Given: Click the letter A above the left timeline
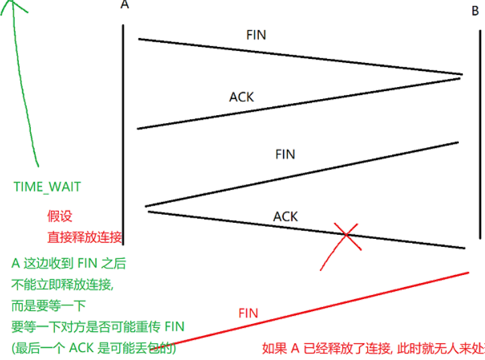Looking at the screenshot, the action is tap(124, 5).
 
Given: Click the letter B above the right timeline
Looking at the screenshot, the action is tap(475, 11).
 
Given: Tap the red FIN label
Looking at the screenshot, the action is tap(248, 312).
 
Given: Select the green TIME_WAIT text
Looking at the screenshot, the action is tap(47, 187).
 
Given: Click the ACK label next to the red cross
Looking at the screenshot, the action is tap(286, 217).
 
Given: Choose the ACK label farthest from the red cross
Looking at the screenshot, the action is tap(241, 97).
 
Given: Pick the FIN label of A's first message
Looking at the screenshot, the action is tap(256, 35).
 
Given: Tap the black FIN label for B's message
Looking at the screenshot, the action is tap(285, 154).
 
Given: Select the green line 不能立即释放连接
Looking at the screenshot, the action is tap(63, 284).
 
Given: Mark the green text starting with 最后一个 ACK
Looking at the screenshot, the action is tap(94, 349).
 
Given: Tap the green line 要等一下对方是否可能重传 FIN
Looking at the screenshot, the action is tap(98, 327).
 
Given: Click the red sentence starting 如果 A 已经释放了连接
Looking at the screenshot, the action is tap(372, 349).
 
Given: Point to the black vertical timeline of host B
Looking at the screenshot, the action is tap(480, 134).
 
